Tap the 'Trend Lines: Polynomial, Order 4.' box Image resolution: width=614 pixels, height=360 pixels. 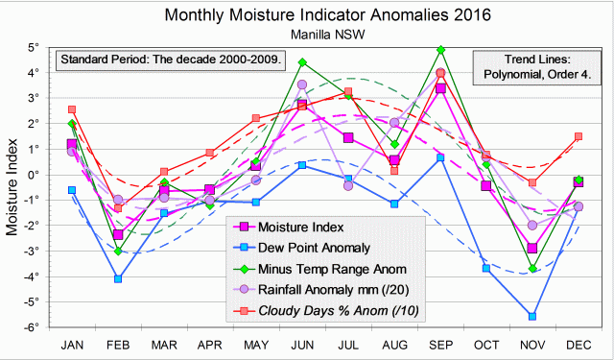point(535,67)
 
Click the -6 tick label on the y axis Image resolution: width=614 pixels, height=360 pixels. point(32,327)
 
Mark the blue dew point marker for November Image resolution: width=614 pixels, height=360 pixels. point(532,316)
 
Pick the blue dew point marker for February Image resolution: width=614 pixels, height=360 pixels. point(118,278)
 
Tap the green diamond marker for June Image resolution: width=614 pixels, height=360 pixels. point(302,62)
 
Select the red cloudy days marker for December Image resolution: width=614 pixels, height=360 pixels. point(579,136)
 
